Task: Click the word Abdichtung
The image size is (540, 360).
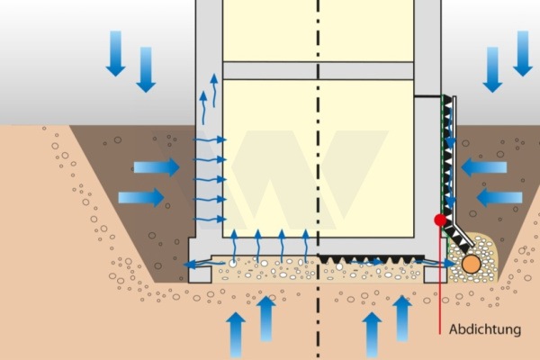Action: point(485,329)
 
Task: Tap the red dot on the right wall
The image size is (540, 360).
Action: point(440,220)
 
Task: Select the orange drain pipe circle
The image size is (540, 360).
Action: point(471,265)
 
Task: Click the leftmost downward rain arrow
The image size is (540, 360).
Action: point(115,53)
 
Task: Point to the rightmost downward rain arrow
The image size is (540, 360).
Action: point(523,53)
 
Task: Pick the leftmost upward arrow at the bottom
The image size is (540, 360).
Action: point(236,335)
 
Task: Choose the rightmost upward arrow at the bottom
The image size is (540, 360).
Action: point(402,319)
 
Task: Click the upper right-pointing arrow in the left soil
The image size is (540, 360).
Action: point(157,167)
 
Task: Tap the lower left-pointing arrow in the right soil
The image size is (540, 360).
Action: point(499,197)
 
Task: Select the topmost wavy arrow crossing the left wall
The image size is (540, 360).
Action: point(210,139)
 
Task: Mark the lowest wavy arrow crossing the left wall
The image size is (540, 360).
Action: point(210,219)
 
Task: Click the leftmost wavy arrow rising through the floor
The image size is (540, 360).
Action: point(234,246)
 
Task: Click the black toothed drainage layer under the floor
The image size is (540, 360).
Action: point(371,259)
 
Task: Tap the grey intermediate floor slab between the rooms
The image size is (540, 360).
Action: point(319,70)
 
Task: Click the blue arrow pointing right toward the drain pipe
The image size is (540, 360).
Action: point(435,264)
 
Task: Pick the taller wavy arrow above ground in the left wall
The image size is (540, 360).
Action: point(214,90)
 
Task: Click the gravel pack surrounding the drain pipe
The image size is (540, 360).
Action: point(472,257)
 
